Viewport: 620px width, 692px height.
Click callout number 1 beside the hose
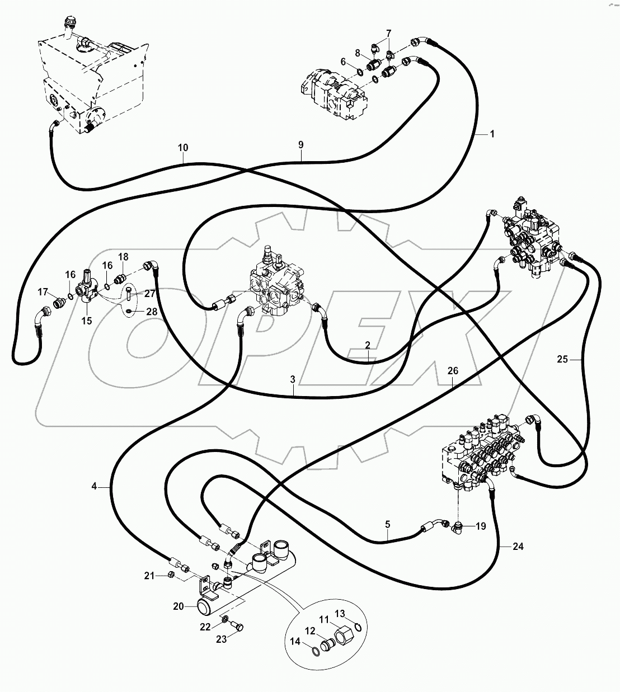pyautogui.click(x=492, y=134)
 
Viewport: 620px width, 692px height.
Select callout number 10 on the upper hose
pyautogui.click(x=183, y=148)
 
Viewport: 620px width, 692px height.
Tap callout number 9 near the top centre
pyautogui.click(x=300, y=145)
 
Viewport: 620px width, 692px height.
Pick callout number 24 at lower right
pyautogui.click(x=518, y=546)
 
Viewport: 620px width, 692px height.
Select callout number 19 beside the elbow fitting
pyautogui.click(x=481, y=526)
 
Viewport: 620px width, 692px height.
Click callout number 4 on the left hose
pyautogui.click(x=95, y=487)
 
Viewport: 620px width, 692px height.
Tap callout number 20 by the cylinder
pyautogui.click(x=179, y=606)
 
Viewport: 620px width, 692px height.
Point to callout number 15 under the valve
pyautogui.click(x=87, y=321)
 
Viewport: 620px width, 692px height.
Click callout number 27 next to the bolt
pyautogui.click(x=150, y=293)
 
